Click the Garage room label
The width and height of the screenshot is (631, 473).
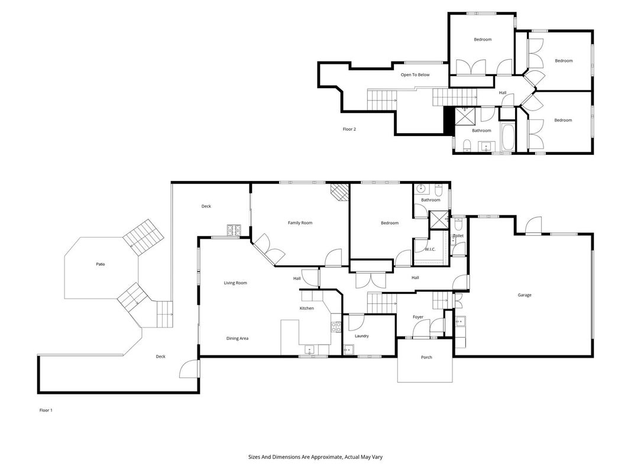click(x=525, y=295)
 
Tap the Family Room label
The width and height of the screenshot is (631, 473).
click(x=300, y=223)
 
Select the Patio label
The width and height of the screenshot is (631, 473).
click(x=100, y=264)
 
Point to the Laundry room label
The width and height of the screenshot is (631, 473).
click(x=361, y=336)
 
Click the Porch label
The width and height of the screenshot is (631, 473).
click(x=426, y=357)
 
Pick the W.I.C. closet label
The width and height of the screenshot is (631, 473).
click(x=430, y=250)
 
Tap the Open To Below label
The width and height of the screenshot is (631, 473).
click(x=415, y=75)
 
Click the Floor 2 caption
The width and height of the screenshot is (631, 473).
click(x=349, y=129)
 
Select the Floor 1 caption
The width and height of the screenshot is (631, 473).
click(x=46, y=410)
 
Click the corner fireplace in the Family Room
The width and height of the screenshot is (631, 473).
click(x=339, y=192)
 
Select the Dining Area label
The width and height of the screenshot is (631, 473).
click(x=237, y=339)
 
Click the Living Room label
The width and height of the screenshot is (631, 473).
click(x=235, y=283)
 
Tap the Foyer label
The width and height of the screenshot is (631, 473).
click(x=418, y=317)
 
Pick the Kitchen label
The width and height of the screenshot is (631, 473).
click(x=307, y=309)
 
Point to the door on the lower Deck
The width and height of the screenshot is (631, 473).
click(x=189, y=369)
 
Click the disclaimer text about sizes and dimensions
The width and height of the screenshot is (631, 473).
click(x=315, y=457)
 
